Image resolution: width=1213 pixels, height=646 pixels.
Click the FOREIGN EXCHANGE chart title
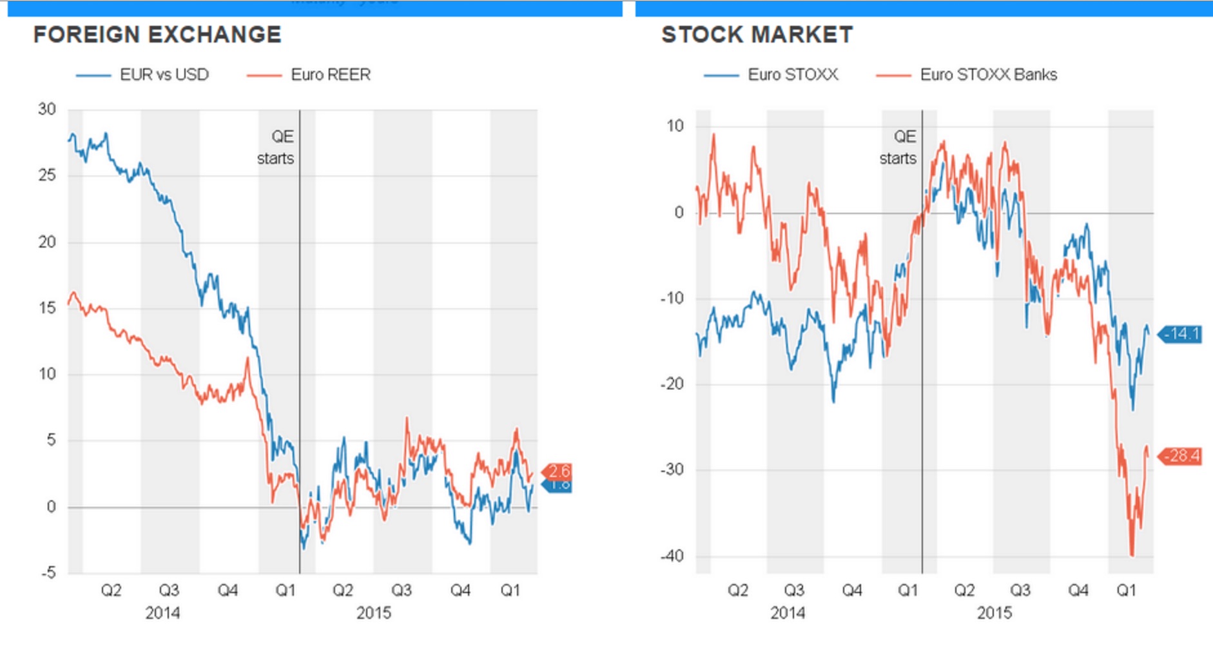157,35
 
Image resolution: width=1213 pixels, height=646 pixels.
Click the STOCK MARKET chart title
757,35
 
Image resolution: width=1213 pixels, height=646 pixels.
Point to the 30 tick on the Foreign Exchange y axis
47,109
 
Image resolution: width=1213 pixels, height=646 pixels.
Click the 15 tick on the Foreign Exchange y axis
47,308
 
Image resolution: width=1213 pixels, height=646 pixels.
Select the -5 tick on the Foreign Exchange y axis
48,573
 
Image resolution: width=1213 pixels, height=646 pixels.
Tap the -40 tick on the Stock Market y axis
672,556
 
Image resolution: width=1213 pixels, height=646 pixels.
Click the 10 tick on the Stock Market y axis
675,126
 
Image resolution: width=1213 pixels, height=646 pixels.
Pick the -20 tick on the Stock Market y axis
672,384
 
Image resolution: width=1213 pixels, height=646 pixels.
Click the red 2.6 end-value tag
559,471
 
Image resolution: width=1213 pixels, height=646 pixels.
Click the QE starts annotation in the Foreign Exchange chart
277,147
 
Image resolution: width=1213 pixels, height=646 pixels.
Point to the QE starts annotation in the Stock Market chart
898,147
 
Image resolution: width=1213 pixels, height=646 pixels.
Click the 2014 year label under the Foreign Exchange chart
162,612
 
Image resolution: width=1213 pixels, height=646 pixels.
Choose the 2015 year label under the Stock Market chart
995,612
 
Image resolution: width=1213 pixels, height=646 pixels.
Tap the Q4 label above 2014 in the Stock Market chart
852,591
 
